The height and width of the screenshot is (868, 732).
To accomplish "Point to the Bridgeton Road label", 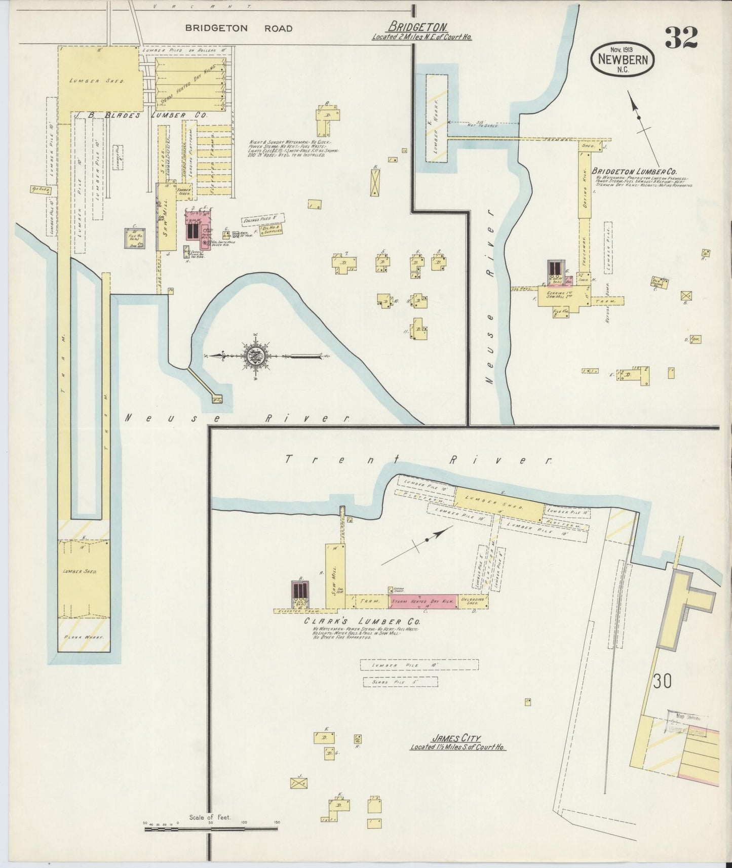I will (238, 28).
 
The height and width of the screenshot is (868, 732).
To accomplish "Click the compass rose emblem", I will (254, 357).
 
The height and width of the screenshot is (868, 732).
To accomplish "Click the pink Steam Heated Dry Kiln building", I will (422, 601).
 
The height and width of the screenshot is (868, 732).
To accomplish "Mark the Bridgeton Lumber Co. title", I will (634, 172).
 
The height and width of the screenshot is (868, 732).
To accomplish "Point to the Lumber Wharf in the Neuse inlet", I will (436, 117).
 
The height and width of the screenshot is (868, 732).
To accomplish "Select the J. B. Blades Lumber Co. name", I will (140, 115).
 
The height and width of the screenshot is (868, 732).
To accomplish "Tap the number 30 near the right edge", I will (662, 681).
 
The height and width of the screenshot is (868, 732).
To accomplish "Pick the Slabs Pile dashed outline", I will (400, 682).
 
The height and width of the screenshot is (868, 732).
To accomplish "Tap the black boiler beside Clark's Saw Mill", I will (300, 590).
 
